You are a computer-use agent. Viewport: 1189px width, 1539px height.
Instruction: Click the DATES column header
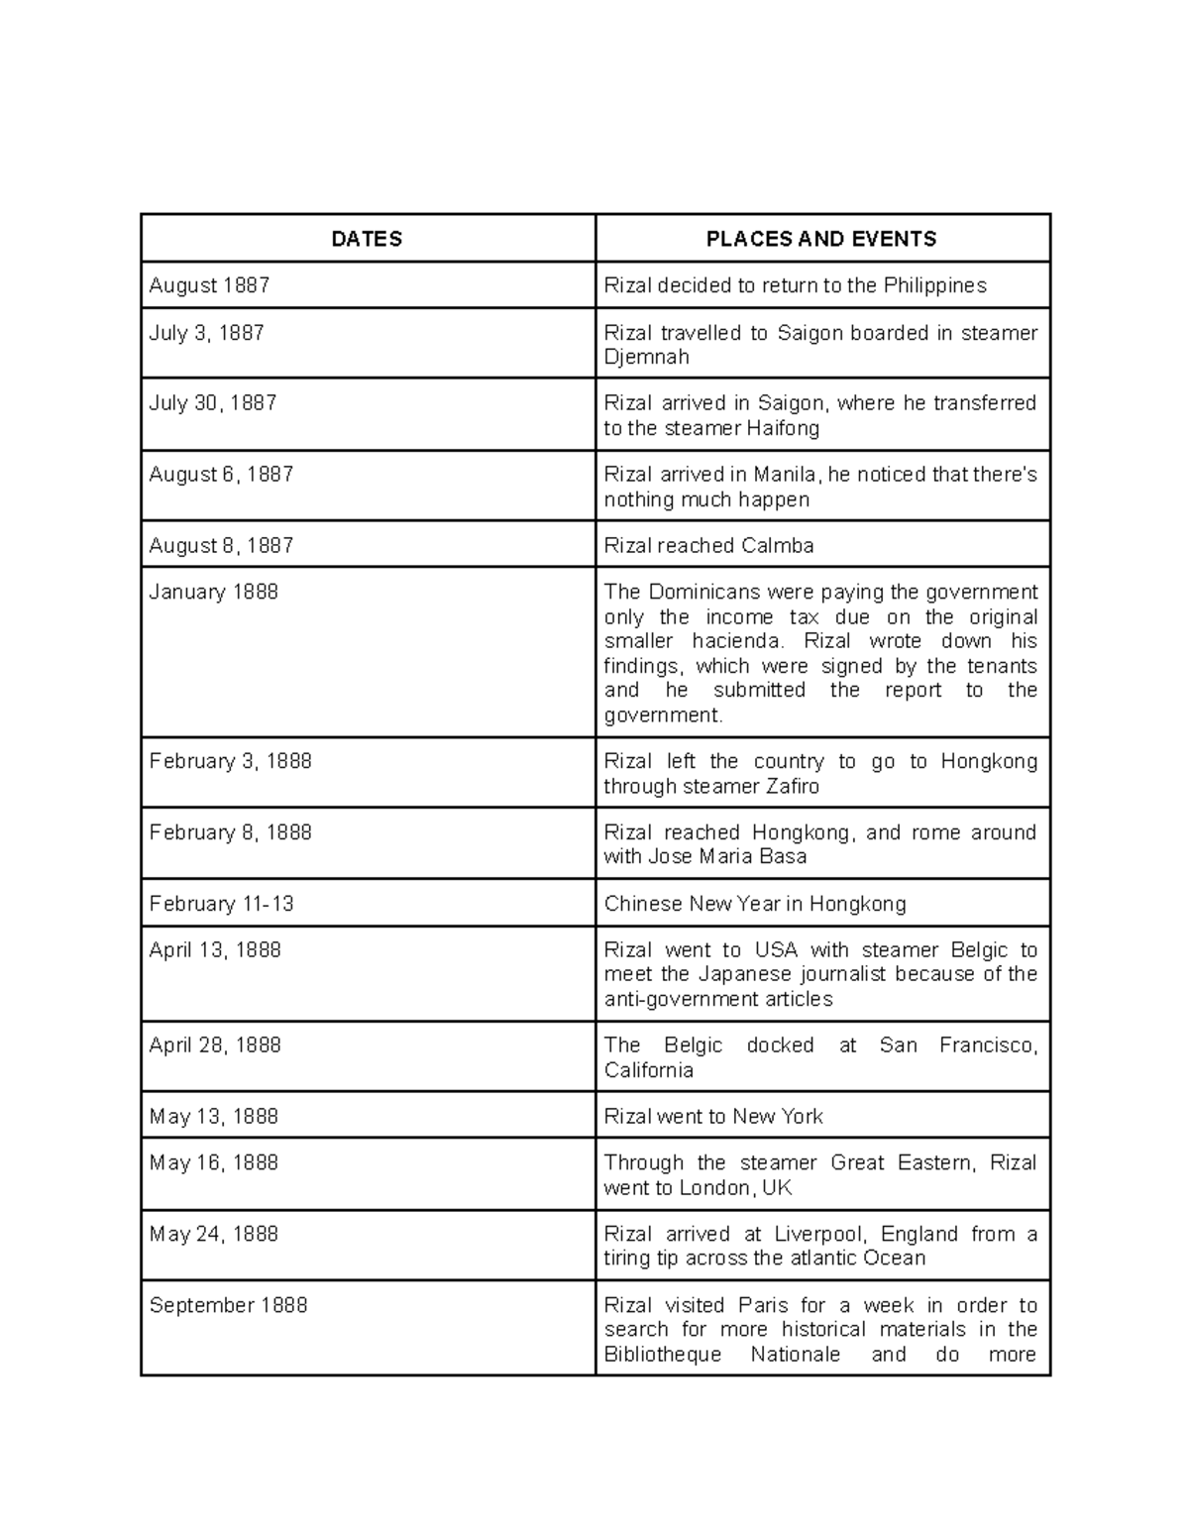point(367,239)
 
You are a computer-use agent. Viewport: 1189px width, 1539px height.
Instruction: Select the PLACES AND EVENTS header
point(821,239)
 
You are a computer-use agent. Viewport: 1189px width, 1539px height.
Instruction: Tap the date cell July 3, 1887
point(206,333)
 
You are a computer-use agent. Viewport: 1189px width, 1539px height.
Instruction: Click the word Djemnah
point(646,357)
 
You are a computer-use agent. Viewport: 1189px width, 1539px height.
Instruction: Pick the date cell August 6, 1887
point(221,475)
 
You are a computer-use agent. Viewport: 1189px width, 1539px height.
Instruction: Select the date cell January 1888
point(213,593)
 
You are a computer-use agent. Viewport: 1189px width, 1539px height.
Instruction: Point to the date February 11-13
point(221,904)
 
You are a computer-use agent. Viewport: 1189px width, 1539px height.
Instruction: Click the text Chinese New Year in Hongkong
point(755,904)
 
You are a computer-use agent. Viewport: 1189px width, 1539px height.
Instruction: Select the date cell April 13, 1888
point(215,950)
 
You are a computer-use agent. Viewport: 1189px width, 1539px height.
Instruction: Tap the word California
point(649,1070)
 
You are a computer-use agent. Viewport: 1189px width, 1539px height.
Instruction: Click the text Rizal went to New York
point(713,1117)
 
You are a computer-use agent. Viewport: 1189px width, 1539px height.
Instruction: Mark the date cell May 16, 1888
point(213,1163)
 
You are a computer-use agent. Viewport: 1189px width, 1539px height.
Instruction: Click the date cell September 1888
point(228,1305)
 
